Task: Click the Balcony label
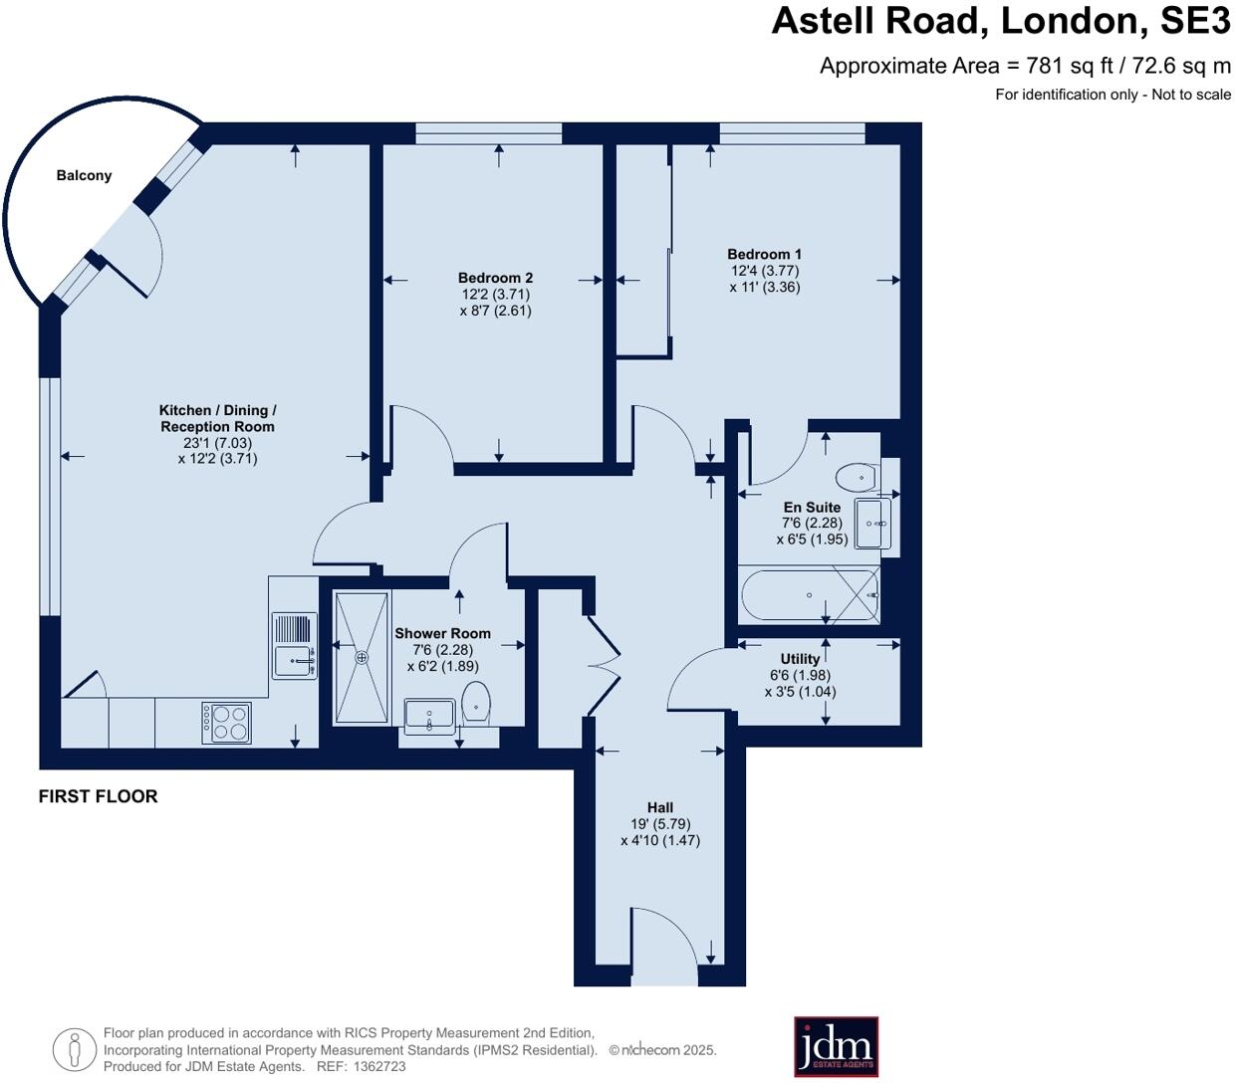coord(84,176)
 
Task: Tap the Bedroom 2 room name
coord(495,278)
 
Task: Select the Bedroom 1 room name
coord(764,255)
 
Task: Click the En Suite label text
coord(812,507)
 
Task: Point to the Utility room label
coord(800,659)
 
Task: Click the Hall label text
coord(660,807)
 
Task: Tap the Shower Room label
coord(442,633)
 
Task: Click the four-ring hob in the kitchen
coord(226,723)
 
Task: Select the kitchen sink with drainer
coord(294,646)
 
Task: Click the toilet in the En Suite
coord(856,478)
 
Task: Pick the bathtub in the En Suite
coord(810,595)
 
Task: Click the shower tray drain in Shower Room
coord(362,657)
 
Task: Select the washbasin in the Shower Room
coord(429,716)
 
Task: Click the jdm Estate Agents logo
coord(836,1046)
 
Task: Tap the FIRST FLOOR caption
coord(98,796)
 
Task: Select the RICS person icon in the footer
coord(74,1049)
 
